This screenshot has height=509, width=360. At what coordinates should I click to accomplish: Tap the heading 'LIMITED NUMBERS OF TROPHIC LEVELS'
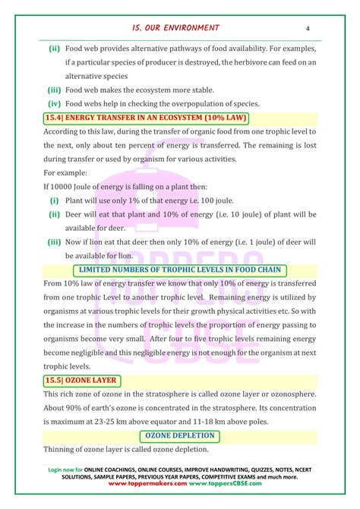tap(179, 270)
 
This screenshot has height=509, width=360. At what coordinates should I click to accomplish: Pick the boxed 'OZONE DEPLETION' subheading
tap(180, 435)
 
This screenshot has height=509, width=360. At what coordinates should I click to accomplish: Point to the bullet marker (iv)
tap(54, 103)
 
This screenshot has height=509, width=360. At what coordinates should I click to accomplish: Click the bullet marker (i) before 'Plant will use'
tap(55, 200)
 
